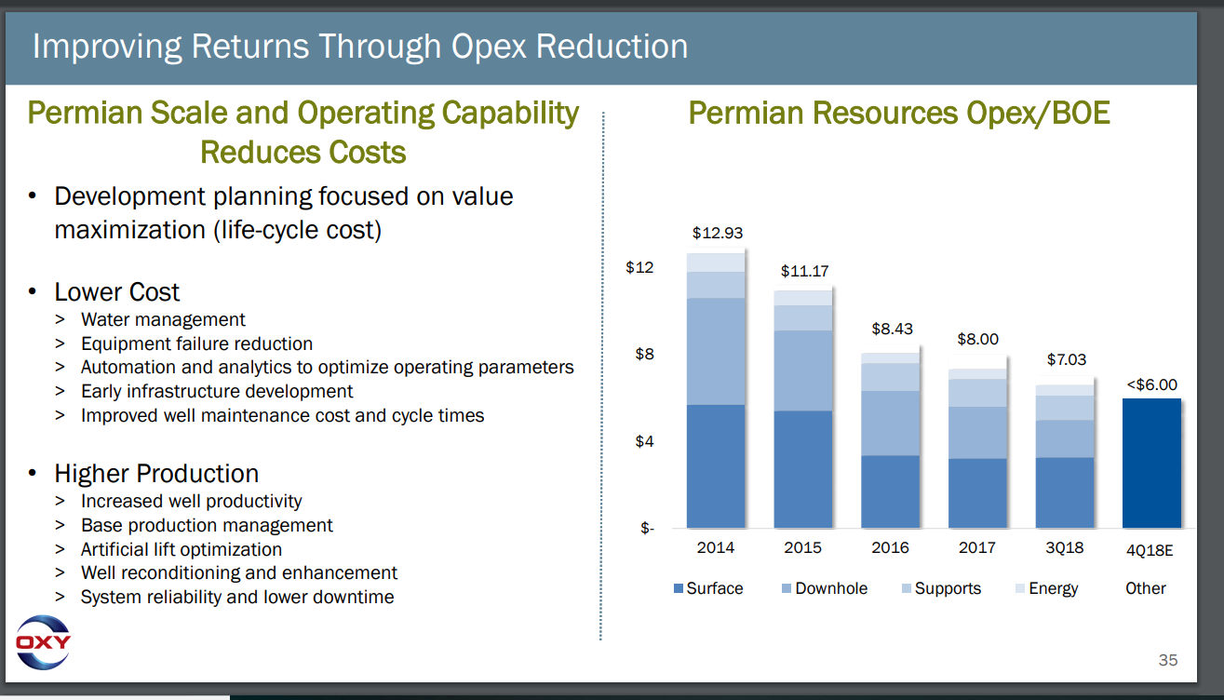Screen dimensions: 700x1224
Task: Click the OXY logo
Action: point(43,642)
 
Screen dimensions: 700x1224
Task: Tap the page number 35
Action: point(1167,660)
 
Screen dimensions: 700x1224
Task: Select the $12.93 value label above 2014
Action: point(717,233)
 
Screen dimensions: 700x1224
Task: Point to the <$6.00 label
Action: point(1151,384)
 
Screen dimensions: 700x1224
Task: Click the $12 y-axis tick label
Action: point(640,268)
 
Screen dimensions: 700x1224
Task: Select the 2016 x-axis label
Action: point(890,548)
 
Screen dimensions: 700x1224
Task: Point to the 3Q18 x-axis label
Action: point(1064,548)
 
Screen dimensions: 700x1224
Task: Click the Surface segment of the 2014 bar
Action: point(716,466)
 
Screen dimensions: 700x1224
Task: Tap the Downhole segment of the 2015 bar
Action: point(803,370)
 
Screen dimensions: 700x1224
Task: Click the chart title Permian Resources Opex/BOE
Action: point(898,114)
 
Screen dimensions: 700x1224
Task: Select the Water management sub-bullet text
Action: point(163,320)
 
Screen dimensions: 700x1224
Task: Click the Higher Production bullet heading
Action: point(156,473)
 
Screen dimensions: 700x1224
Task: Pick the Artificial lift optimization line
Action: point(181,549)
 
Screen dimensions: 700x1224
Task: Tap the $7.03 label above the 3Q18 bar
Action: point(1066,359)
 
